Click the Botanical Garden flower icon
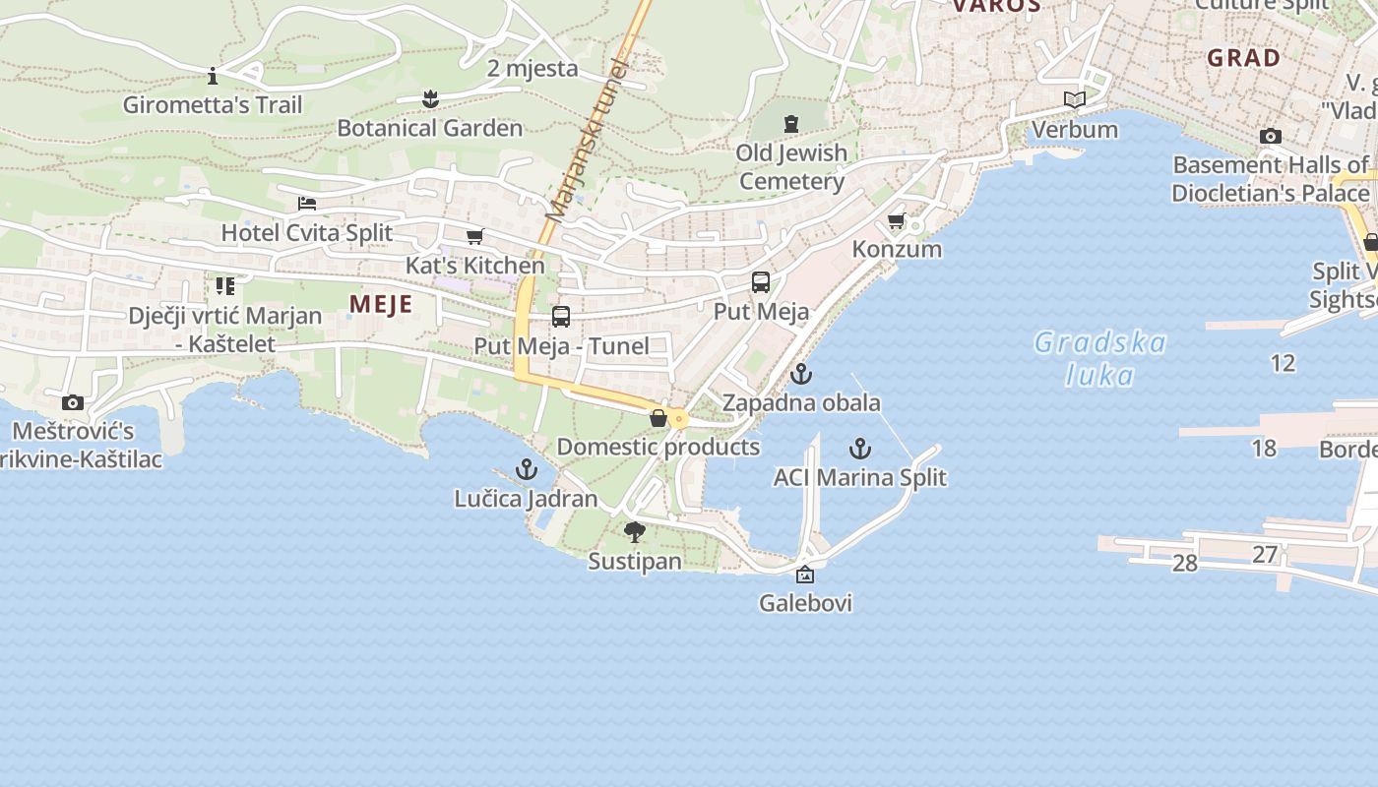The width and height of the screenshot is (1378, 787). pos(429,98)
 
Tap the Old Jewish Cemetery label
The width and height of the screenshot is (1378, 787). pos(791,166)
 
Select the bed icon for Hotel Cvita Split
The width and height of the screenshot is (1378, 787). pos(307,204)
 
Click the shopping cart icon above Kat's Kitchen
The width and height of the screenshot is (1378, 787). pos(474,236)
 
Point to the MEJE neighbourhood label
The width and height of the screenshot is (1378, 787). pos(381,304)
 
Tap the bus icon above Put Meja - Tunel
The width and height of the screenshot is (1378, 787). pos(561,317)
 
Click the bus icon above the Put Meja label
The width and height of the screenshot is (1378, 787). pos(761,282)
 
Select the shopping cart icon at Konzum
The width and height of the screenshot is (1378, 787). pos(896,220)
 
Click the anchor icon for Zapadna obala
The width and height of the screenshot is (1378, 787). pos(801,374)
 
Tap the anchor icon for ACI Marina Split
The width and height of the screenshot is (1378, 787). pos(860,449)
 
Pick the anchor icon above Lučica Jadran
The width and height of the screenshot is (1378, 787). pos(527,469)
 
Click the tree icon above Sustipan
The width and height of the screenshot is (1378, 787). pos(635,532)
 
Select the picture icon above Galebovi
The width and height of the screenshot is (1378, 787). pos(805,575)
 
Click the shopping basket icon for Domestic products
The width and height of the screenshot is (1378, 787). pos(658,418)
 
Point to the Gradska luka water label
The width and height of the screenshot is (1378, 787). pos(1100,358)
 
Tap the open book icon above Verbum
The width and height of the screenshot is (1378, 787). pos(1074,100)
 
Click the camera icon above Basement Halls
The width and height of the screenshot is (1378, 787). pos(1271,136)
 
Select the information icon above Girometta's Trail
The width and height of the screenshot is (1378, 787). pos(213,76)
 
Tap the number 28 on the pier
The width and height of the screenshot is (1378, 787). pos(1185,563)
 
